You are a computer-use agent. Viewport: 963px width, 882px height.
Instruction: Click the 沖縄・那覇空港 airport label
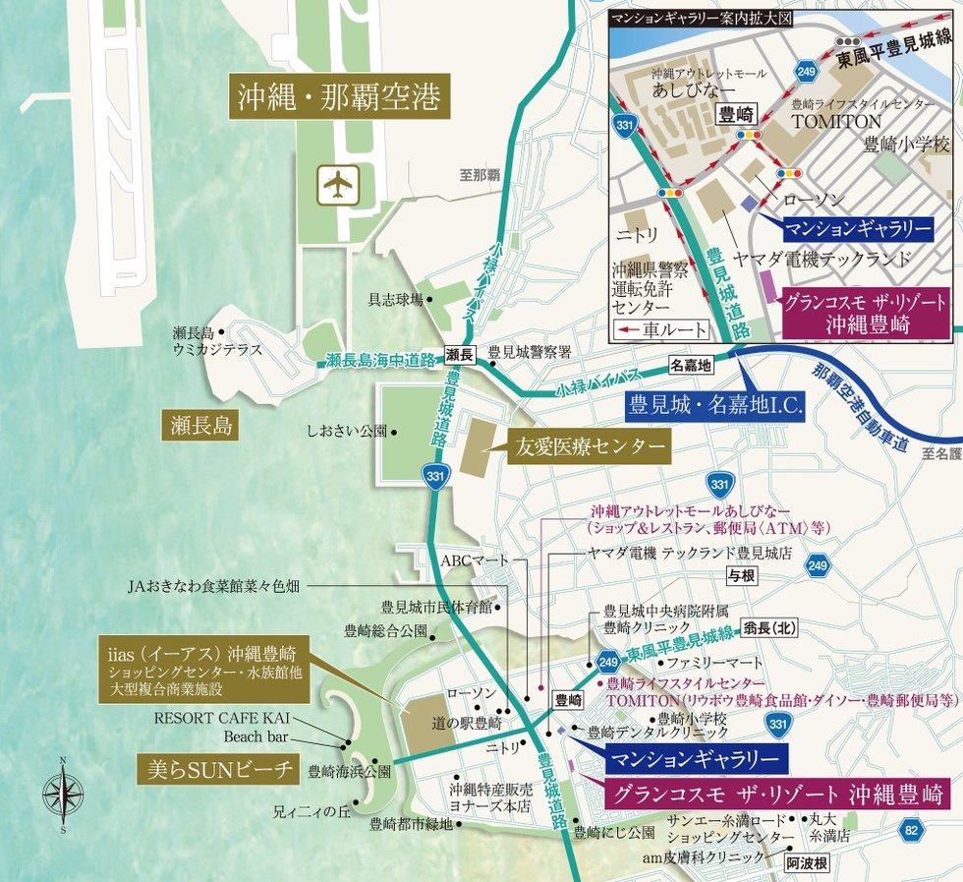pos(339,98)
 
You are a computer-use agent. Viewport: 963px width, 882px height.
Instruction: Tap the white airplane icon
pos(337,183)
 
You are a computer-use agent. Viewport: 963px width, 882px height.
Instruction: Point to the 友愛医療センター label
pos(588,447)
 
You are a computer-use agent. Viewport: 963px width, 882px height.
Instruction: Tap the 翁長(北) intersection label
pos(770,627)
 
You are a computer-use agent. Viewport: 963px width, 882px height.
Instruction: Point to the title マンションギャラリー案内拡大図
pos(700,19)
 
